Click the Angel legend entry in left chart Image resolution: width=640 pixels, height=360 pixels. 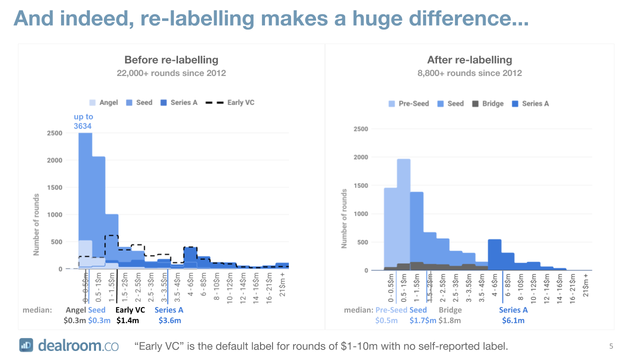103,102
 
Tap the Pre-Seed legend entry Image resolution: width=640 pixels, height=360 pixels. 409,103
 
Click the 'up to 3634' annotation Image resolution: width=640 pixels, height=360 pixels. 83,121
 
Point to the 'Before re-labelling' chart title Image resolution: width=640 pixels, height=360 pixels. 171,60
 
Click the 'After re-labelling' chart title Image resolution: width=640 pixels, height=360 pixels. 469,60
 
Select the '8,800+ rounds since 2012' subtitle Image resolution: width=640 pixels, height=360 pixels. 469,73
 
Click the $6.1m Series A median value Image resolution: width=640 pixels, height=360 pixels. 513,320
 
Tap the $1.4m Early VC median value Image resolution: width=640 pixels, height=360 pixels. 127,320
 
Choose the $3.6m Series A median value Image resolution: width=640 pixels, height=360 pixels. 169,320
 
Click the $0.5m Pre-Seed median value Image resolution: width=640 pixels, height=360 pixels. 386,320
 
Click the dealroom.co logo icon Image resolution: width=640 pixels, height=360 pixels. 26,345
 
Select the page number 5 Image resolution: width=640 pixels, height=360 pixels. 611,346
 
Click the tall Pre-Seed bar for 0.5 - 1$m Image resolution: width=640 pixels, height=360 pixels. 403,210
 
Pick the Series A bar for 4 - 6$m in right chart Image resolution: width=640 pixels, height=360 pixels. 494,255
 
